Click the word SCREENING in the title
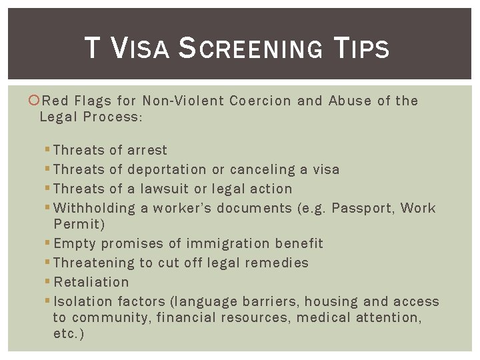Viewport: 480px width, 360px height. pos(252,49)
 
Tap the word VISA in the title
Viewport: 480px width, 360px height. pos(139,49)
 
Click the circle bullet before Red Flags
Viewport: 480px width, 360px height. pos(35,101)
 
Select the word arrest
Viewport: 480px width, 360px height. pos(147,151)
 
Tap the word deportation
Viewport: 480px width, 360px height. pos(167,170)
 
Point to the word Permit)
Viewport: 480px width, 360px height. pos(79,225)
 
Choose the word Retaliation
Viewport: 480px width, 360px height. pos(91,283)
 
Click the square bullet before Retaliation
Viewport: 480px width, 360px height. pos(48,282)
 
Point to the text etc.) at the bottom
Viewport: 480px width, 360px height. pos(69,334)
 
